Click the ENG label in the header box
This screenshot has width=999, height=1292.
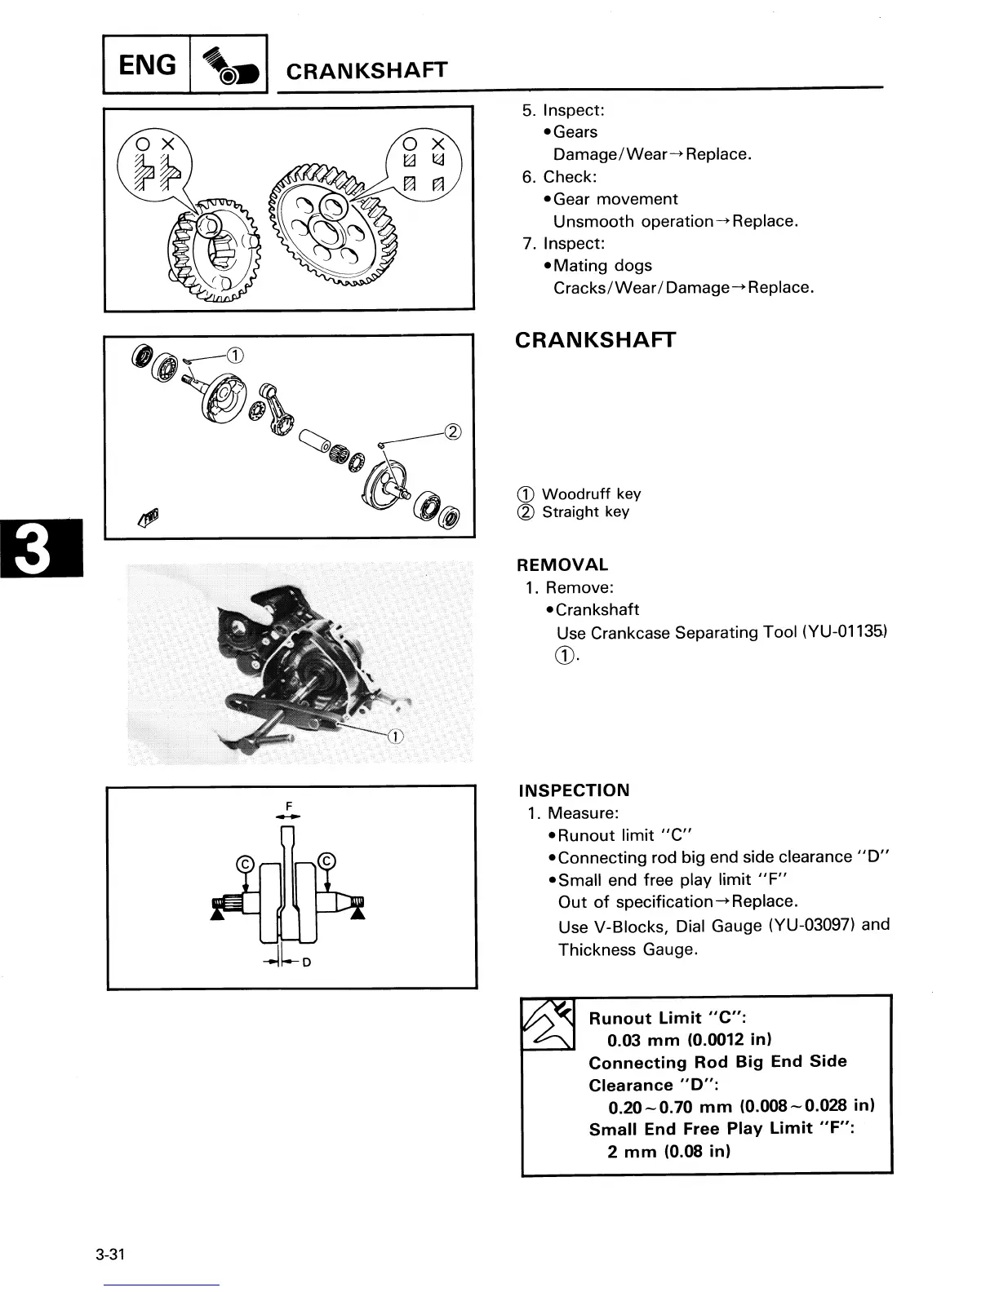pos(147,64)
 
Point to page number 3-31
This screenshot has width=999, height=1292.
pos(109,1254)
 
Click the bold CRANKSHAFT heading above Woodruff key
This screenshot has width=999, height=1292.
pos(595,340)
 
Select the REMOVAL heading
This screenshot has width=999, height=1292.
pos(562,564)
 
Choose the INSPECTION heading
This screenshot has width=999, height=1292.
pos(574,790)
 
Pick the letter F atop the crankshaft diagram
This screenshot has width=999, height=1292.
pos(289,807)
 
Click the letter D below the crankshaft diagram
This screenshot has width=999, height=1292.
pos(307,962)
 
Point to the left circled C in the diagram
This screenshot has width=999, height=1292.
pos(243,863)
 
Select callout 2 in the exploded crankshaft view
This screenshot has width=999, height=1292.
pos(454,431)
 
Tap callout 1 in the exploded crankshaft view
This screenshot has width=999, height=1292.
pos(235,354)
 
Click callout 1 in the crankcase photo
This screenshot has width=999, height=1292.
pos(395,737)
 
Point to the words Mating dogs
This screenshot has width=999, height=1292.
pos(602,265)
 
